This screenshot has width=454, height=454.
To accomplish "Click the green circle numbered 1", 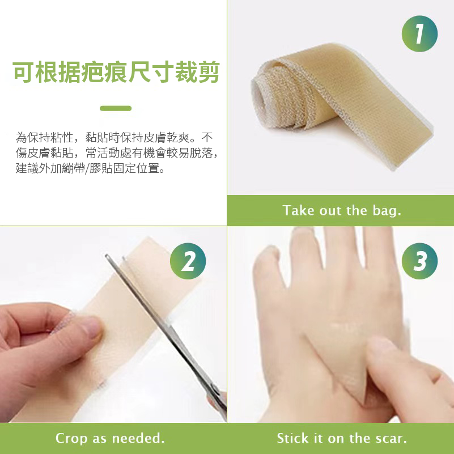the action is [419, 33].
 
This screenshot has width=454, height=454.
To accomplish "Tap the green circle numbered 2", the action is [188, 261].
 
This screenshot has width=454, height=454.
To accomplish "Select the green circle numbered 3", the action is [419, 261].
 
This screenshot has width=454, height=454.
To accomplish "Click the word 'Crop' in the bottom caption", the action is [71, 439].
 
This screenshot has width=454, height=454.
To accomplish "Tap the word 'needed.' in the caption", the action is [138, 438].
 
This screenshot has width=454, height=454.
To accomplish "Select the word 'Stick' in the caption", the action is [292, 438].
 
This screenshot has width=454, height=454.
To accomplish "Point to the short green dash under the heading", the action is [116, 108].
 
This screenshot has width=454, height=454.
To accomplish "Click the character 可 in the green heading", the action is [23, 72].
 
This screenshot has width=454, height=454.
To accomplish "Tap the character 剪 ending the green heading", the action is [209, 72].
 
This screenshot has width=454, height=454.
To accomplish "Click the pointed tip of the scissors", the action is [107, 256].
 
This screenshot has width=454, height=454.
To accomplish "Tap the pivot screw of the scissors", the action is [214, 388].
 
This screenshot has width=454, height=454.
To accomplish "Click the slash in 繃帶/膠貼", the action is [87, 168].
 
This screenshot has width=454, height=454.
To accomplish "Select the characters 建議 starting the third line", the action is [27, 168].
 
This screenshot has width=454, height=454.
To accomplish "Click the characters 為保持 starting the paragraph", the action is [33, 138].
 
